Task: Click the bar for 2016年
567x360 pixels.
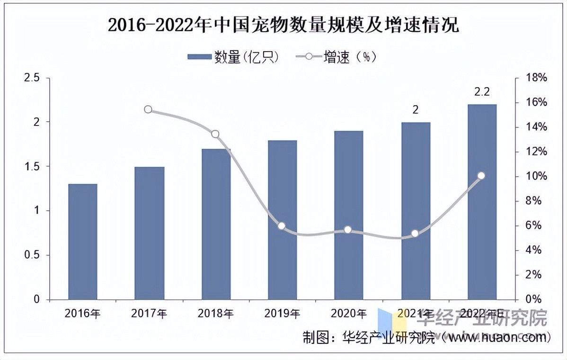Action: click(82, 242)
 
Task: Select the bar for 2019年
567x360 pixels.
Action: click(282, 220)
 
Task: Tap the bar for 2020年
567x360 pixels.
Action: click(348, 215)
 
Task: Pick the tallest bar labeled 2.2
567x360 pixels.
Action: click(482, 202)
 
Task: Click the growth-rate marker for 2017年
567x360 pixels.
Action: click(148, 109)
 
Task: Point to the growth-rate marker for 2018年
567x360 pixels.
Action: click(215, 134)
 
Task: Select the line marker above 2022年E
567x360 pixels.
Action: click(481, 176)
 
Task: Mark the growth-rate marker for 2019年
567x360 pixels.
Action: click(282, 226)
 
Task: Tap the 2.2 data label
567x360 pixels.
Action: click(482, 92)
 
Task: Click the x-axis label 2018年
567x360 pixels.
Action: click(215, 313)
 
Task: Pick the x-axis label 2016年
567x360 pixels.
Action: click(82, 313)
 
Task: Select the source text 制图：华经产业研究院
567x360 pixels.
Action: click(369, 338)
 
